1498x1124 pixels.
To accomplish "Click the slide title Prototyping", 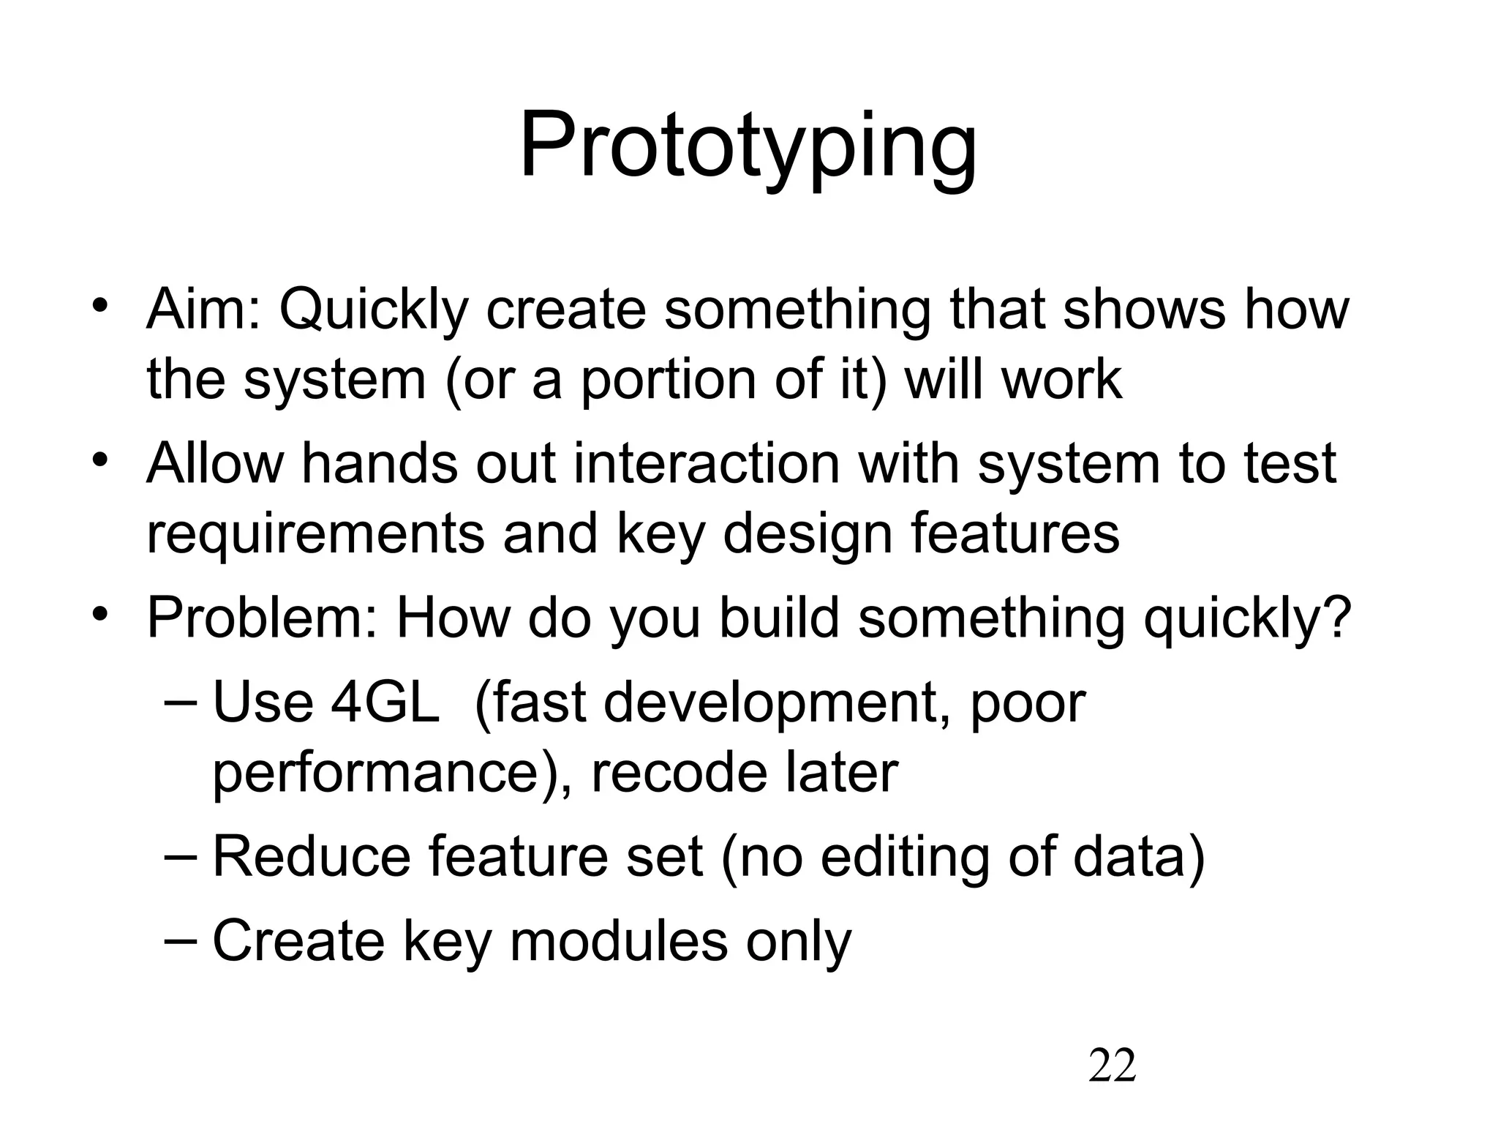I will coord(748,147).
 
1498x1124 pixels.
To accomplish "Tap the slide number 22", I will coord(1112,1065).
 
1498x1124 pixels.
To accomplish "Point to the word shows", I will coord(1143,310).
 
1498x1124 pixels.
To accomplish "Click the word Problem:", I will coord(262,618).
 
